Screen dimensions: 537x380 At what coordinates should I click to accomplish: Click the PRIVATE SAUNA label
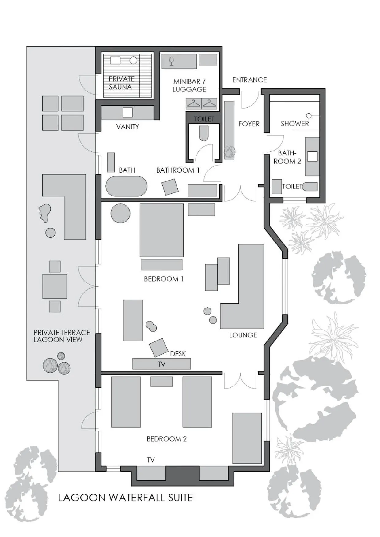tap(121, 83)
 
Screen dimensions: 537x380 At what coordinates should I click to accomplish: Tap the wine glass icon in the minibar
tap(172, 61)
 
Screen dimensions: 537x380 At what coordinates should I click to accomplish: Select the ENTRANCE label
tap(249, 80)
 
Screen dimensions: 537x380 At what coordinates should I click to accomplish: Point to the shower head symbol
tap(309, 116)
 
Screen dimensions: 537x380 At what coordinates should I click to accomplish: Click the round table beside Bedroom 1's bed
tap(120, 213)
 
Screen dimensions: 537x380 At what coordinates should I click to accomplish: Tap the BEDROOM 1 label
tap(164, 279)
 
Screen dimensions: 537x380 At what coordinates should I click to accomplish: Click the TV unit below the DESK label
tap(161, 364)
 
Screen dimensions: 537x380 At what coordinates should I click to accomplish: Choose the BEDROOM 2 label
tap(166, 439)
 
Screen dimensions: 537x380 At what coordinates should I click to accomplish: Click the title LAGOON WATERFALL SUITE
tap(125, 498)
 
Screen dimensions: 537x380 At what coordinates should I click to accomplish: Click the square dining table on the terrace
tap(55, 286)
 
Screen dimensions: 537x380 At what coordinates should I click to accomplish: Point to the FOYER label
tap(249, 124)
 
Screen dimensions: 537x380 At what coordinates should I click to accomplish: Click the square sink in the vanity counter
tap(127, 113)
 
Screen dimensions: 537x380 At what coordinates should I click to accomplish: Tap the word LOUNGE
tap(243, 335)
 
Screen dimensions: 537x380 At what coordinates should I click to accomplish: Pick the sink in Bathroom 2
tap(312, 156)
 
